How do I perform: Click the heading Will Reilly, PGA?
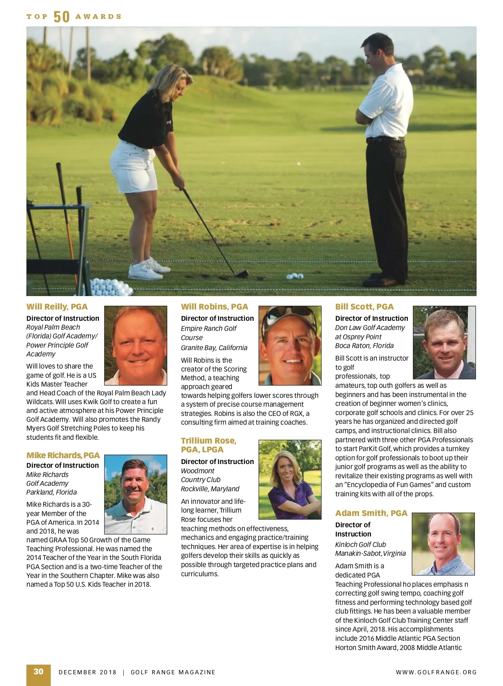point(57,307)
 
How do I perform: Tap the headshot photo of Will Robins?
point(290,346)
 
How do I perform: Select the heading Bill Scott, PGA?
point(364,307)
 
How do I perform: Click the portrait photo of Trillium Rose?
point(290,480)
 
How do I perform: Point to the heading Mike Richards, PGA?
point(63,455)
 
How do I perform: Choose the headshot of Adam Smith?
point(443,544)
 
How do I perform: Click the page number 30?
point(39,672)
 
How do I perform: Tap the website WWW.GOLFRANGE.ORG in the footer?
point(436,672)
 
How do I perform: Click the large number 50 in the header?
point(62,17)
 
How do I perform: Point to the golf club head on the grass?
point(241,274)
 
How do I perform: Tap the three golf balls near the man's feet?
point(295,276)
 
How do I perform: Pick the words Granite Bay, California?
point(214,348)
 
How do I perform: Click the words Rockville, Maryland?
point(210,489)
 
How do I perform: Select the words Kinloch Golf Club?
point(360,544)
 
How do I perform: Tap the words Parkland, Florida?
point(52,492)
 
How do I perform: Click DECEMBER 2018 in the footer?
point(88,672)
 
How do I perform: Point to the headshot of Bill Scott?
point(444,343)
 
